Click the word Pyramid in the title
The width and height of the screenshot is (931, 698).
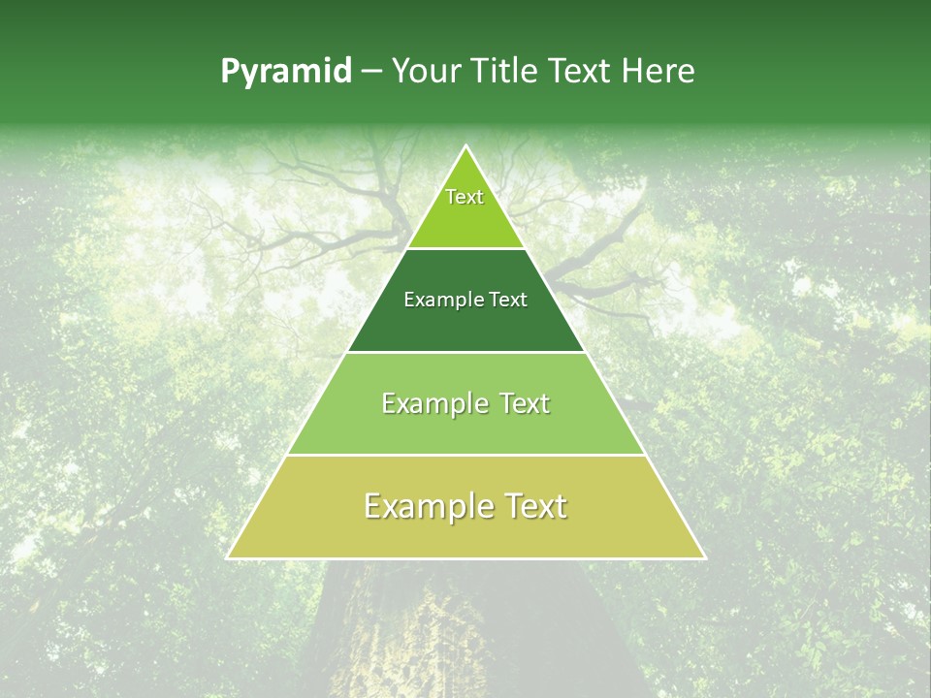286,72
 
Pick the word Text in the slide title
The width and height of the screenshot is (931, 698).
580,71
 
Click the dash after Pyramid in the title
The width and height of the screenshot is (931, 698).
371,72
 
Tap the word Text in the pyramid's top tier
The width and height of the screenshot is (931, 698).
465,197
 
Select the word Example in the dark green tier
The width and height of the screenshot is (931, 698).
441,301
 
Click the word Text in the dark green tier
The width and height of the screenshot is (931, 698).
505,300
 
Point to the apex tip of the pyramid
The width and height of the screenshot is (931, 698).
465,146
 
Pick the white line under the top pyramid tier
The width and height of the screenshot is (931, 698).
465,248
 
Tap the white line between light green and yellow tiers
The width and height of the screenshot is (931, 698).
465,455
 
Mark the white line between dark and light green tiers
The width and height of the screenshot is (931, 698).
465,352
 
